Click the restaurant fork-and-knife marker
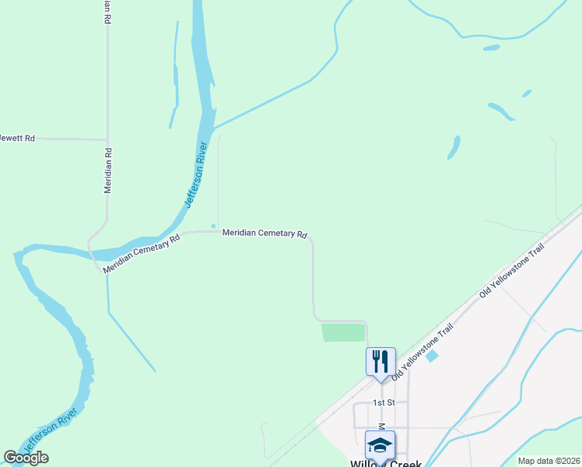coord(380,362)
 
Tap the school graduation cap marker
coord(380,445)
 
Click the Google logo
coord(26,458)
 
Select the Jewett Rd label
coord(17,139)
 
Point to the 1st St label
coord(384,402)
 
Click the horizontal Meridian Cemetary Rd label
coord(265,233)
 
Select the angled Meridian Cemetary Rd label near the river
coord(142,252)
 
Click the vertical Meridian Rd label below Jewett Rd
coord(108,170)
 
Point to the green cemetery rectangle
coord(343,332)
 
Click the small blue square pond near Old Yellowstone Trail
coord(433,356)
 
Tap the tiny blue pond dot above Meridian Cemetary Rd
coord(212,226)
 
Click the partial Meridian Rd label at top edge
coord(107,11)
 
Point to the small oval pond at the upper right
coord(491,47)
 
